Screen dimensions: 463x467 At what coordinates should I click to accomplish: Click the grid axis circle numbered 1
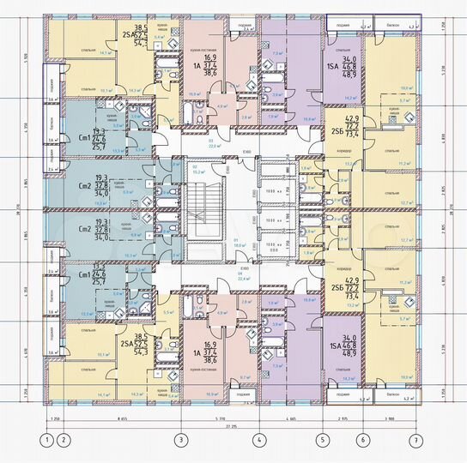45,441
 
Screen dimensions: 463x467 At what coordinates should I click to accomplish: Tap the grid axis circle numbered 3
180,441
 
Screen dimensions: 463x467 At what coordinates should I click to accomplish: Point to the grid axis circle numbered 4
258,441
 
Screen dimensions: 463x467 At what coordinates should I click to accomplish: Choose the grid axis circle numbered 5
323,441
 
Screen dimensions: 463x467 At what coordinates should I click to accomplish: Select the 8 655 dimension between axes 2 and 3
121,417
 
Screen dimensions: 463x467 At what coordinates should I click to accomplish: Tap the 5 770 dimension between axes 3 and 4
219,417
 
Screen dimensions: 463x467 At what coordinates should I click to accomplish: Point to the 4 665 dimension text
290,417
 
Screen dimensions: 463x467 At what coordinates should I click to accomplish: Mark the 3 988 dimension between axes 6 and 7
390,417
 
